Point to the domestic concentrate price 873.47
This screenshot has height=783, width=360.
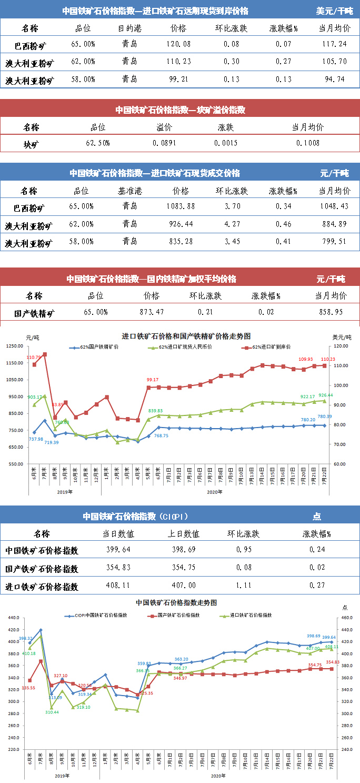(x=151, y=312)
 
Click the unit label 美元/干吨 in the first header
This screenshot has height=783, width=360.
(x=334, y=11)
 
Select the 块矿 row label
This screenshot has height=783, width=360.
(x=31, y=143)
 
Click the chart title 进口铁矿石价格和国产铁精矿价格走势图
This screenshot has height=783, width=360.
(x=186, y=335)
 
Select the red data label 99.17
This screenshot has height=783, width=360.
(x=153, y=380)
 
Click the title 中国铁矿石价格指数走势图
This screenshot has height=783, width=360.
(x=176, y=602)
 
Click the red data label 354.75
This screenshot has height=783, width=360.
(x=315, y=665)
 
